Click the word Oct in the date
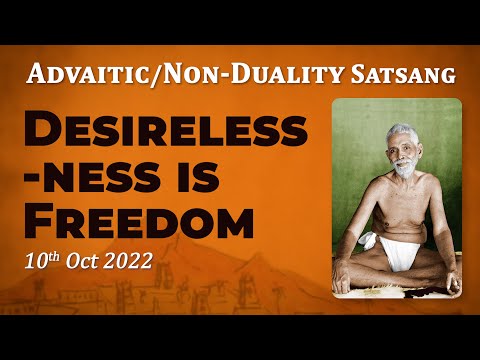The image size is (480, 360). pos(85,263)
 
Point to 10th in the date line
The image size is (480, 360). pos(42,263)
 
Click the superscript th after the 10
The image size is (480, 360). pos(53,257)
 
